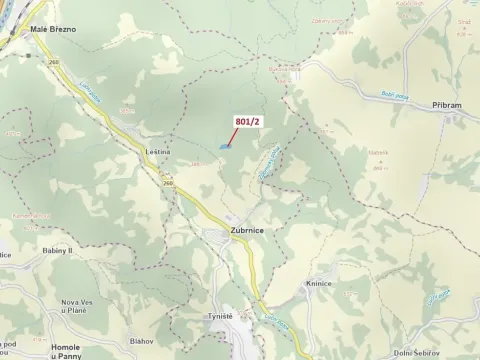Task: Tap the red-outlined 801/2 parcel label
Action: point(248,122)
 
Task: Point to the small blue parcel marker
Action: point(225,145)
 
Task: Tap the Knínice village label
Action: point(320,284)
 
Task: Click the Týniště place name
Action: point(220,316)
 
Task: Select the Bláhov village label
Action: point(141,340)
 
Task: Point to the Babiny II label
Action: point(58,250)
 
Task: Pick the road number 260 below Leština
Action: point(167,183)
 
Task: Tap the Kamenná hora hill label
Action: point(30,214)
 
